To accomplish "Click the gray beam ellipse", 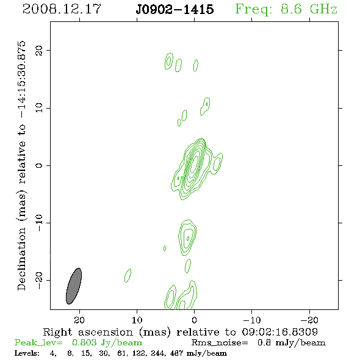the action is (x=74, y=286).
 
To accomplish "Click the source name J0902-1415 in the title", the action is (x=175, y=9).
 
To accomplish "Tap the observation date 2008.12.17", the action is (x=62, y=9).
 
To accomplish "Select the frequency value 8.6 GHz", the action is (x=309, y=9).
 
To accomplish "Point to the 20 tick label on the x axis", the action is (x=79, y=320).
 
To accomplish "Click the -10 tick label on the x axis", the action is (x=252, y=320).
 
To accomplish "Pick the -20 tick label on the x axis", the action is (x=309, y=320).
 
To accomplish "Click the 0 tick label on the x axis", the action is (x=194, y=320).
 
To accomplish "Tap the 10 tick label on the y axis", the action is (x=39, y=107).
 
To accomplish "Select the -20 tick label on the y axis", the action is (x=39, y=281).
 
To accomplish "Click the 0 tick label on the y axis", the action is (x=39, y=165).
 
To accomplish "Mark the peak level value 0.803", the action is (x=84, y=342).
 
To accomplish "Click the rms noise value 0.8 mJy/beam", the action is (x=292, y=343).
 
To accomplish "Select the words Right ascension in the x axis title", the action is (x=88, y=332).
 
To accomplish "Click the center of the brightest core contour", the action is (x=195, y=162).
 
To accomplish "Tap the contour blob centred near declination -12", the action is (x=187, y=237).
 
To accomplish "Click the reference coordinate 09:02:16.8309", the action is (x=279, y=332).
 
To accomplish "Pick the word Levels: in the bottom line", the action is (x=27, y=353).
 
